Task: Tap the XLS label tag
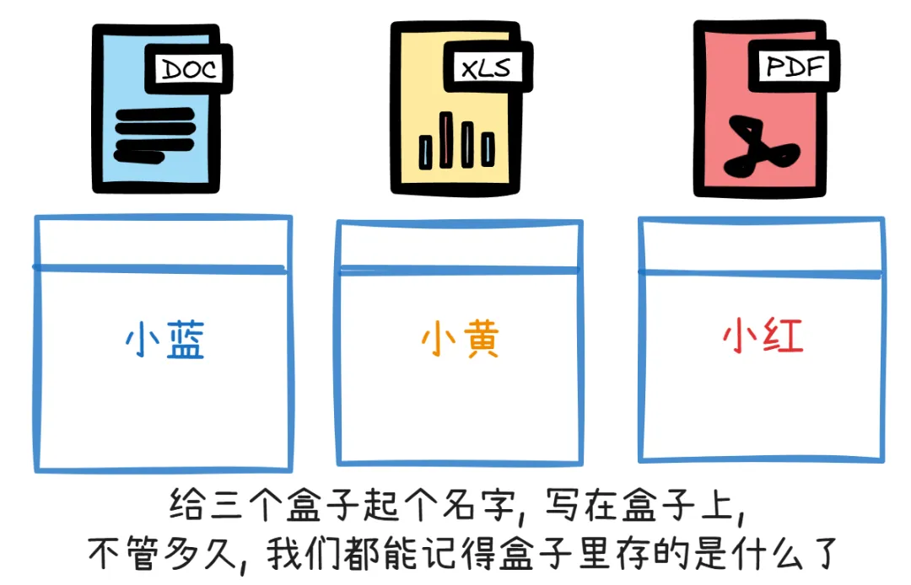click(x=487, y=68)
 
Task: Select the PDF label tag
click(x=792, y=65)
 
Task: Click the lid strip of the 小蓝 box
click(x=162, y=243)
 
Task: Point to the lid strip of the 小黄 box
click(x=459, y=246)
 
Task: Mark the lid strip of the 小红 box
click(x=762, y=245)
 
